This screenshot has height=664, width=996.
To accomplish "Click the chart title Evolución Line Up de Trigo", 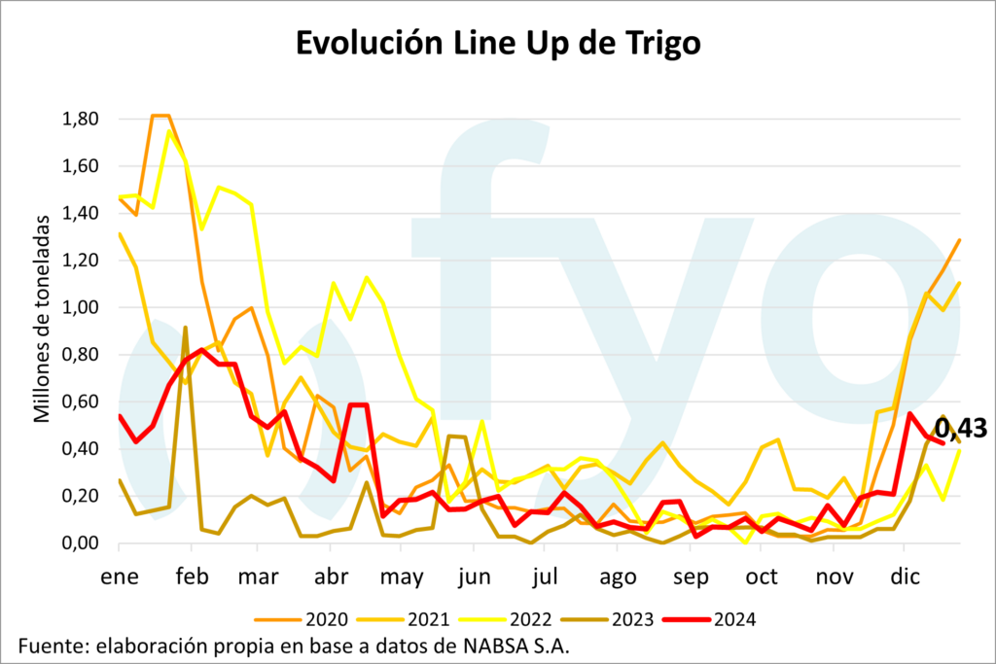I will [498, 44].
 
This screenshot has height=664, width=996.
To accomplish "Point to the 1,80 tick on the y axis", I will [83, 119].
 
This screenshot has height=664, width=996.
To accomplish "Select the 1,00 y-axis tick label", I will [83, 307].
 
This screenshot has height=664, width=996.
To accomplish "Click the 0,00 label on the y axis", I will [83, 542].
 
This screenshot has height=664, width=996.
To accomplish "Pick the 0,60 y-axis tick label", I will [83, 402].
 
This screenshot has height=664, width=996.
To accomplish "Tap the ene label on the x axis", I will [119, 577].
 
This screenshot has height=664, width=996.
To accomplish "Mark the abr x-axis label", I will [332, 577].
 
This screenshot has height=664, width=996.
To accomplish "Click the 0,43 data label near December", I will [961, 428].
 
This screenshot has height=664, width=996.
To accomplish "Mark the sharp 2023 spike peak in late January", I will [185, 328].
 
